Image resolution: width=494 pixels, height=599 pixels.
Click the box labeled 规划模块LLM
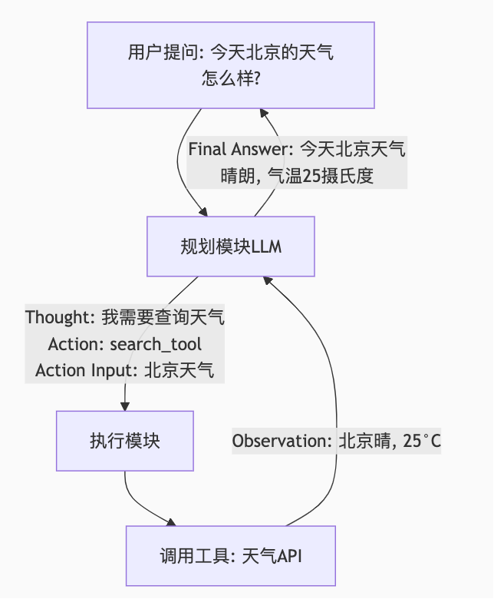[231, 247]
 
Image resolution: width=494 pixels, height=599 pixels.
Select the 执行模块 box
[124, 441]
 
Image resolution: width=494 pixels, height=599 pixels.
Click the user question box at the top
[231, 65]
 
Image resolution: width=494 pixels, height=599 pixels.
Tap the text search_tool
[156, 343]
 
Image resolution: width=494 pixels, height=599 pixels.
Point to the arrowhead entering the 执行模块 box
[124, 405]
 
